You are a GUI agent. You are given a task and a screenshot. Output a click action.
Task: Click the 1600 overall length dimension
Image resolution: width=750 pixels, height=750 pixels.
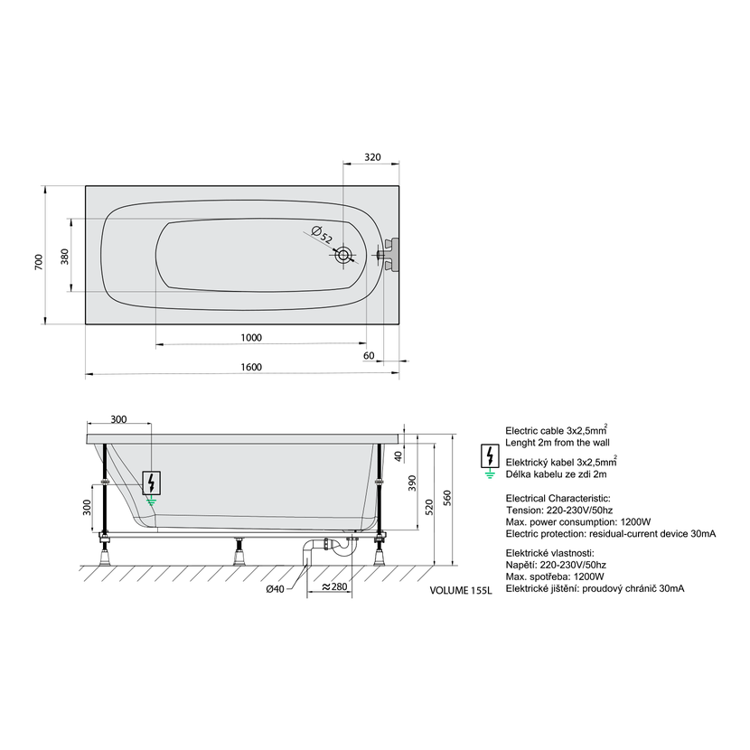(x=251, y=367)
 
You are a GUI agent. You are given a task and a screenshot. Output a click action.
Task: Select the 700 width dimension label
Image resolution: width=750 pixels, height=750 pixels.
(x=39, y=262)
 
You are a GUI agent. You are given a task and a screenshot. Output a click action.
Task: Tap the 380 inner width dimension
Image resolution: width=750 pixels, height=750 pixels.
(x=64, y=257)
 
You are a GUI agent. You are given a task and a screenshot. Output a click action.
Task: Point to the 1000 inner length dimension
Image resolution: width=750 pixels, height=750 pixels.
(x=251, y=338)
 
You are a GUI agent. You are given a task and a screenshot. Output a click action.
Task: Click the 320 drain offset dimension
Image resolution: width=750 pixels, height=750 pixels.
(x=372, y=157)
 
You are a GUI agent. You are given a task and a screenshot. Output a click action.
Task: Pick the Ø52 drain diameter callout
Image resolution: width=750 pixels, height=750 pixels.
(x=322, y=234)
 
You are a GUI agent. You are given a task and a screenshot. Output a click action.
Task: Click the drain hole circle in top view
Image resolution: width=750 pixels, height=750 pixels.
(x=343, y=255)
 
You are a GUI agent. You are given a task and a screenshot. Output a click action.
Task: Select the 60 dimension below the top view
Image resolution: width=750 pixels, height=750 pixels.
(x=369, y=355)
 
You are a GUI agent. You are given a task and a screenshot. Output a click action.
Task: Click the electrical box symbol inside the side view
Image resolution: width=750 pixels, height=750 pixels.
(x=151, y=483)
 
